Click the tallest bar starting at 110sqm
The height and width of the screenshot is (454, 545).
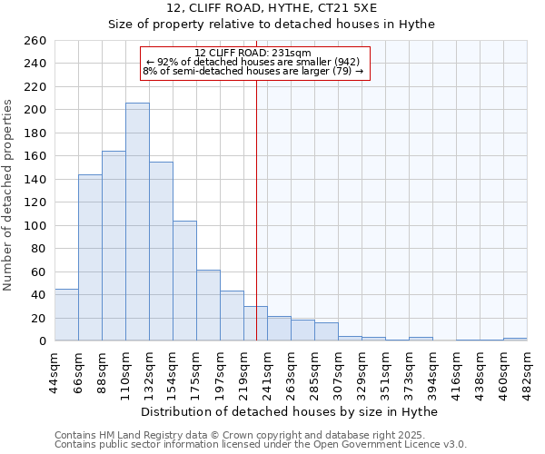pyautogui.click(x=137, y=222)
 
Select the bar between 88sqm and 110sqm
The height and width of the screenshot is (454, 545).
pyautogui.click(x=114, y=246)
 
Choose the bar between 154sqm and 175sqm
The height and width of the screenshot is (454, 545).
pyautogui.click(x=184, y=281)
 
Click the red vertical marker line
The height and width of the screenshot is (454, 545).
pyautogui.click(x=257, y=182)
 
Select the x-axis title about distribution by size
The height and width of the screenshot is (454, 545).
pyautogui.click(x=291, y=411)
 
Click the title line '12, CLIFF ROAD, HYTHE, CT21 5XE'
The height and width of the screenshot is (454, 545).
pyautogui.click(x=272, y=8)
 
